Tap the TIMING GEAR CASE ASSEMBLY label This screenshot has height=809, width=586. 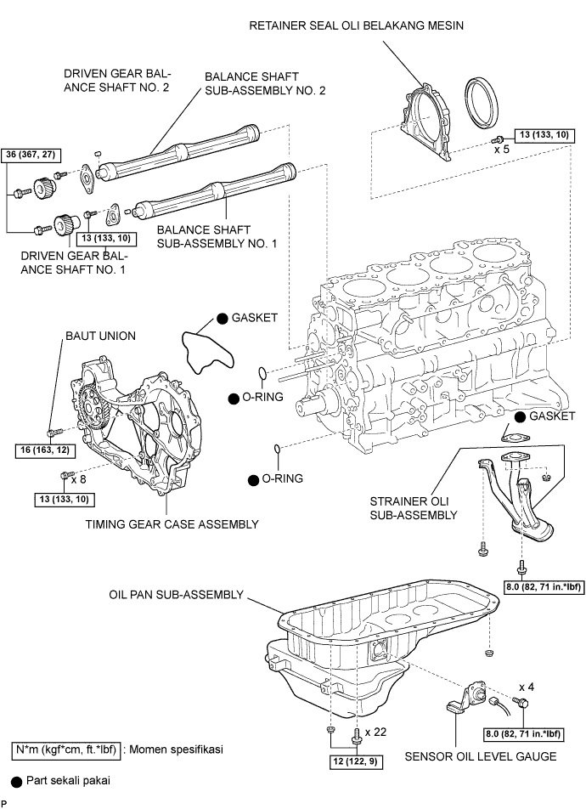coord(172,524)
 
